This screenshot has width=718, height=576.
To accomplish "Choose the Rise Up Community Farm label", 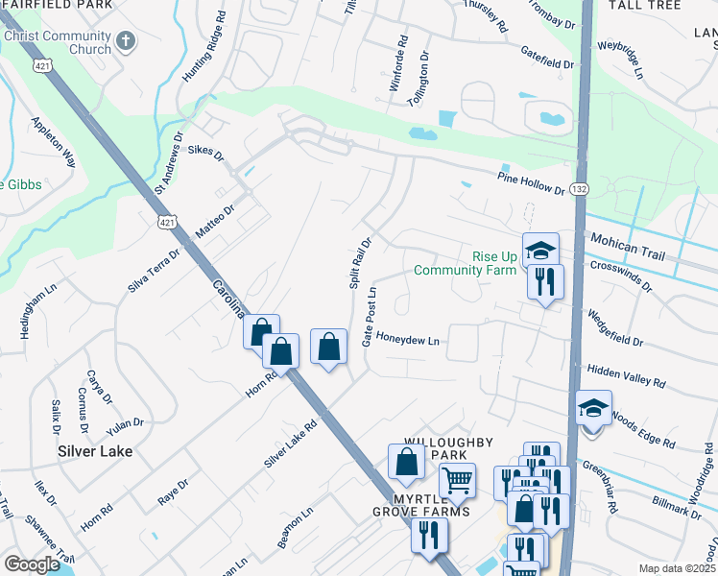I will [x=466, y=263].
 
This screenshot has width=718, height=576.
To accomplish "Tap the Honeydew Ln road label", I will [x=407, y=340].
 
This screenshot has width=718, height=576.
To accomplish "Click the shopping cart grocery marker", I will [x=458, y=478].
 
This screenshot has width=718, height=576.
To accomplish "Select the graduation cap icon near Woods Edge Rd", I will [x=593, y=410].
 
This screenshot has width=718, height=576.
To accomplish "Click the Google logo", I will [x=32, y=564].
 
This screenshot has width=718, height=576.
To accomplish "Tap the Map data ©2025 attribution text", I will [x=676, y=568].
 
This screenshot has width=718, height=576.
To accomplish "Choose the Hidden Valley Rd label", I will [x=627, y=375].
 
